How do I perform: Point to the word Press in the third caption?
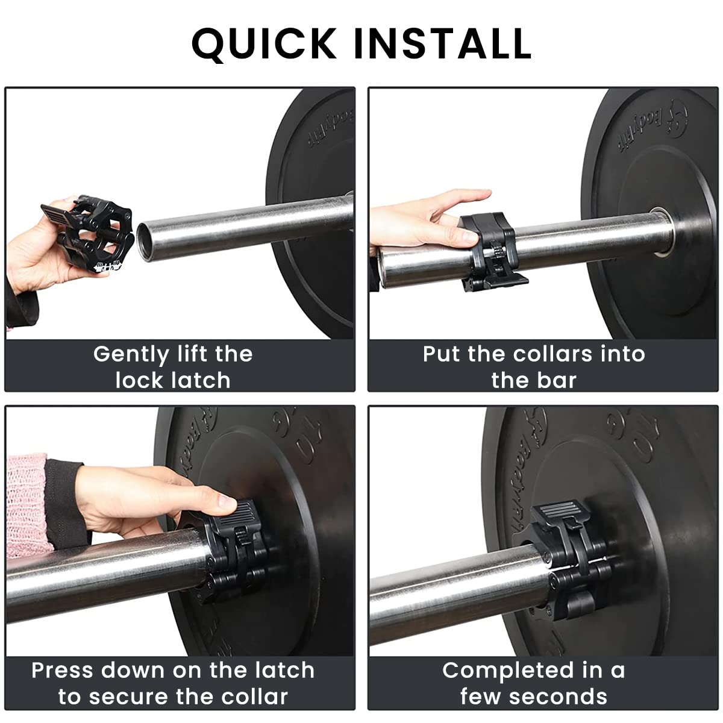coord(63,671)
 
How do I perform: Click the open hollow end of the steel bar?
coord(146,241)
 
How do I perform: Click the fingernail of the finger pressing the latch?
coord(227,501)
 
